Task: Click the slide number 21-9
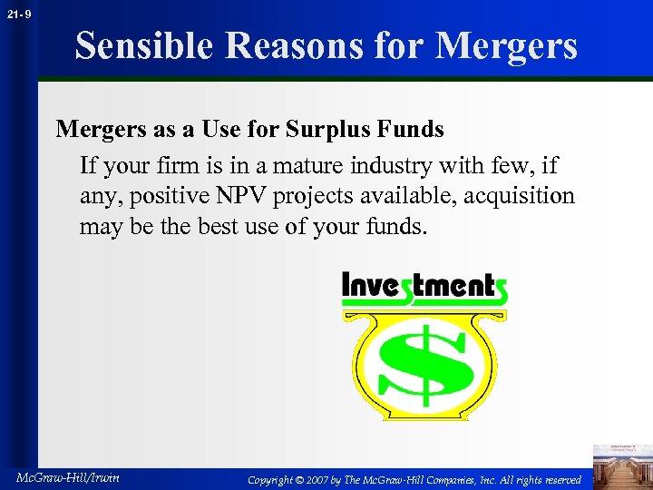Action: click(19, 14)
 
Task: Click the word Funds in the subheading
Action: click(412, 130)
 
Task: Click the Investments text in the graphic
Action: click(424, 288)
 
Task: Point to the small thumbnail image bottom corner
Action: click(621, 465)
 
